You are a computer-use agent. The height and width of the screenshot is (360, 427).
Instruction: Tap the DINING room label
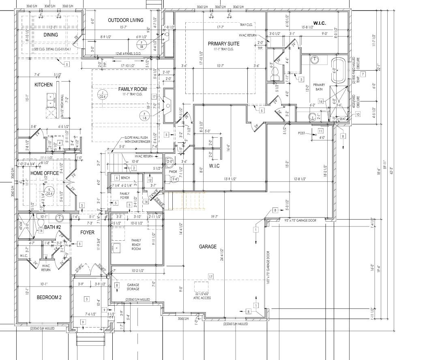pyautogui.click(x=51, y=35)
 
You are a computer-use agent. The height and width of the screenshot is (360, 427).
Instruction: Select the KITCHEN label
pyautogui.click(x=43, y=85)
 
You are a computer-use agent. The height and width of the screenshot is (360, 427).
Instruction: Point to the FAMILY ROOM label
pyautogui.click(x=133, y=89)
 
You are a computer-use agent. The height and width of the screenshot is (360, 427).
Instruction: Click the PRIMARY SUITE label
pyautogui.click(x=223, y=43)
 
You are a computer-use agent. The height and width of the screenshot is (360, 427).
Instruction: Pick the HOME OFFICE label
pyautogui.click(x=45, y=173)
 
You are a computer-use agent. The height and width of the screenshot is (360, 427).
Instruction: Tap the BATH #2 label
pyautogui.click(x=52, y=227)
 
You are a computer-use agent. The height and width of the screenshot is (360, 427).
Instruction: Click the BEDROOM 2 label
pyautogui.click(x=49, y=297)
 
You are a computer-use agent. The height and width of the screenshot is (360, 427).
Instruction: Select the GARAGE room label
pyautogui.click(x=208, y=247)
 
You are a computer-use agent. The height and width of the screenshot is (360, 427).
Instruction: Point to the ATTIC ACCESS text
pyautogui.click(x=202, y=298)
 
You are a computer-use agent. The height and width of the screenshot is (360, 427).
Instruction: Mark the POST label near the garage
pyautogui.click(x=301, y=133)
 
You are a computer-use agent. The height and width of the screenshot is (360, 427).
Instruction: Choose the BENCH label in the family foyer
pyautogui.click(x=125, y=178)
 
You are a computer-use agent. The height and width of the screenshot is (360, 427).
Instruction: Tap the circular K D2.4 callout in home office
pyautogui.click(x=49, y=191)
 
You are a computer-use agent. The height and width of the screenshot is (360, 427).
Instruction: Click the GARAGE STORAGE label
pyautogui.click(x=133, y=287)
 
